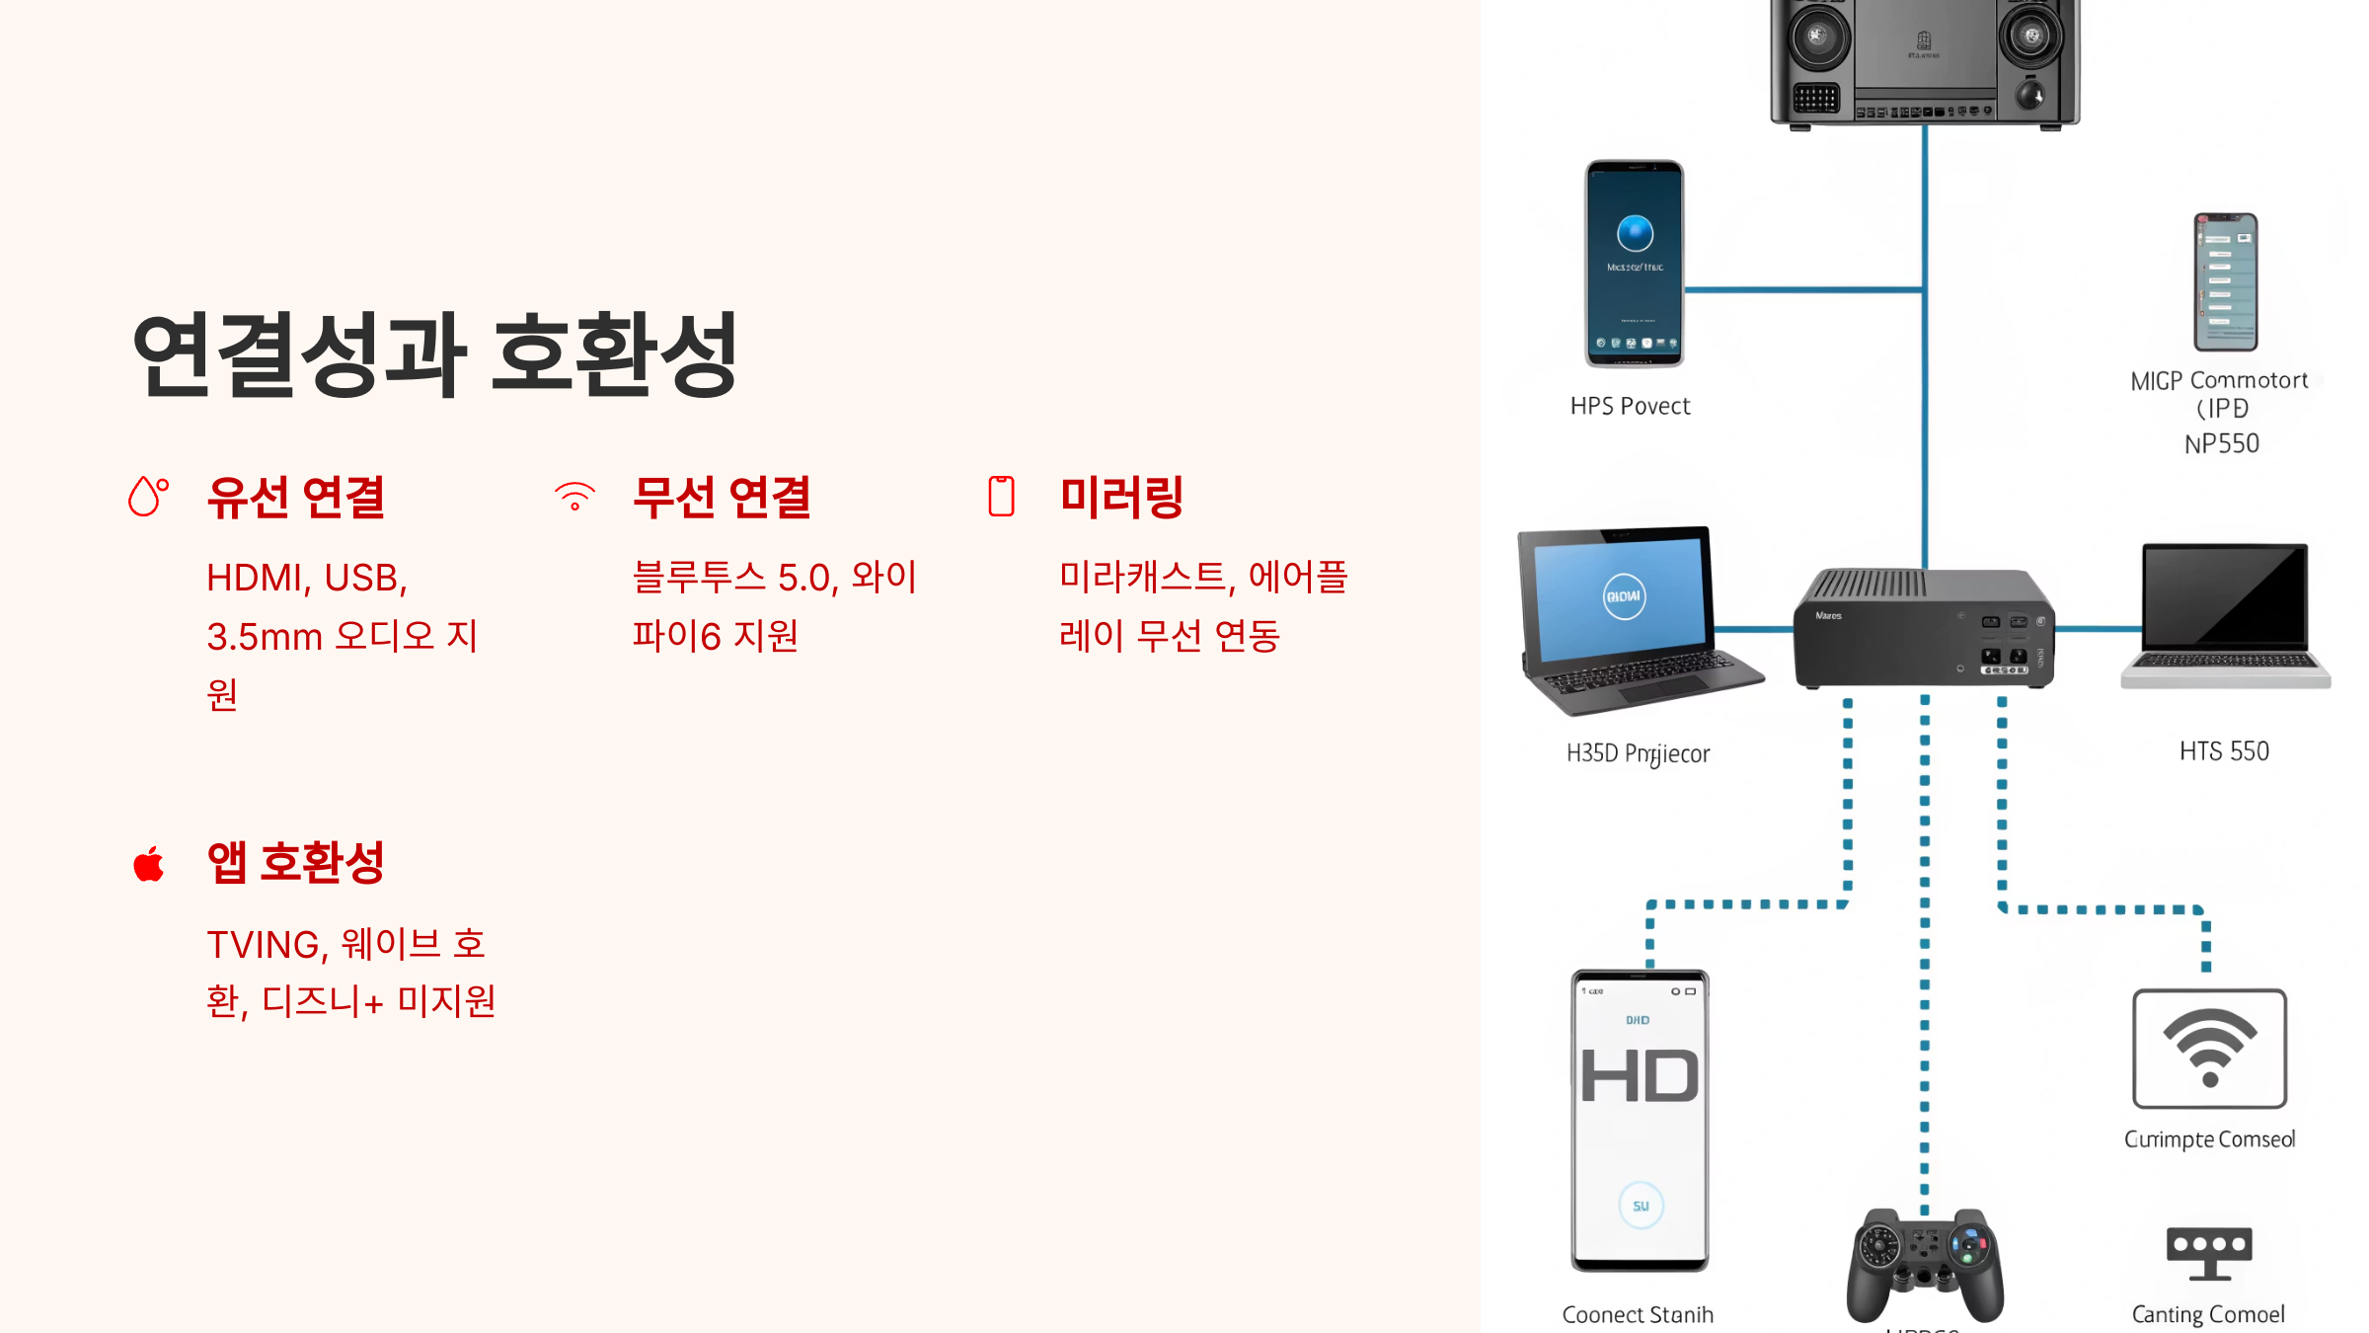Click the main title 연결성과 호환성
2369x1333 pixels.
coord(434,353)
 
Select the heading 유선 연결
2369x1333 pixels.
coord(296,497)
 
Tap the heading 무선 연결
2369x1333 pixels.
coord(722,497)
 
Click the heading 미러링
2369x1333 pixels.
coord(1121,497)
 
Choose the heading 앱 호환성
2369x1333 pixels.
coord(296,862)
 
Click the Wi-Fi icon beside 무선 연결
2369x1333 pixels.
coord(574,496)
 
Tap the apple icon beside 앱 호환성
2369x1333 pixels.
coord(149,864)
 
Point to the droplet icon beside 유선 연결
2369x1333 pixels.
coord(148,496)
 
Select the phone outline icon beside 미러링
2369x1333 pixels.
coord(1001,496)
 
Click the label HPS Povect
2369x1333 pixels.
coord(1630,406)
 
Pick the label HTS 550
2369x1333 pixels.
coord(2224,751)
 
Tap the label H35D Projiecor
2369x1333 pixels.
coord(1638,753)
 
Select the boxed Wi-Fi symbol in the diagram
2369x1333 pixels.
coord(2209,1049)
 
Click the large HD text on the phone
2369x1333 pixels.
coord(1640,1076)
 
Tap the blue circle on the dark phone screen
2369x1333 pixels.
coord(1635,234)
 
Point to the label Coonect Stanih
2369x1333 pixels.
coord(1638,1314)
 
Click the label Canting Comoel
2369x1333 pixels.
coord(2208,1314)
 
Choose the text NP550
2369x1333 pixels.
coord(2221,444)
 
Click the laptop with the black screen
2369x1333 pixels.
coord(2225,614)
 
